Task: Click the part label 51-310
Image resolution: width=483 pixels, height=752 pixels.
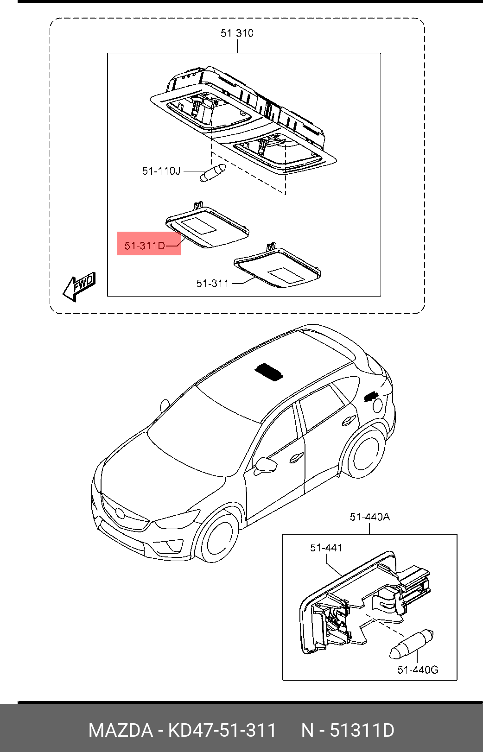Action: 237,33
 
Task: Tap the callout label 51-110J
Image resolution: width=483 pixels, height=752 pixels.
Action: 161,171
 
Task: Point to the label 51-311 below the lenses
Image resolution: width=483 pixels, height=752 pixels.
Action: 212,283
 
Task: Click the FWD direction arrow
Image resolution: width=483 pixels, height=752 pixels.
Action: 79,285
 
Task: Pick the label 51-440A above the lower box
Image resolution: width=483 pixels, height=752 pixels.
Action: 369,517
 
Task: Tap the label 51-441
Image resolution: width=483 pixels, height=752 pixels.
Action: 326,548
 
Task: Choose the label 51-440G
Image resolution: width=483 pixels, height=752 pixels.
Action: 417,669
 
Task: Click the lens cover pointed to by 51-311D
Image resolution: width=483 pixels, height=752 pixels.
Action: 208,227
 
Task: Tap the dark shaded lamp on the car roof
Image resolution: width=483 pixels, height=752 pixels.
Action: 268,372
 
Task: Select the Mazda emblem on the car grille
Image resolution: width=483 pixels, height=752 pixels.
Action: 120,513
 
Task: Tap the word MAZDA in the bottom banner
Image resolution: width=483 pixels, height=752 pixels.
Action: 121,730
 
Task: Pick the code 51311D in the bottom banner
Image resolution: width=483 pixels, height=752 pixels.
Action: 362,730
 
